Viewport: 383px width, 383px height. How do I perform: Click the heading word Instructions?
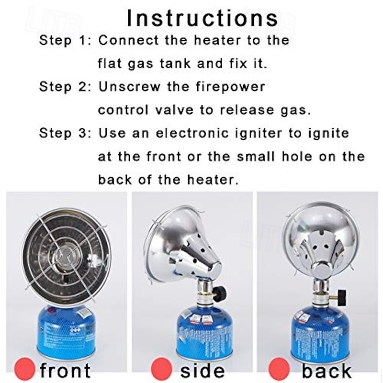[x=202, y=18]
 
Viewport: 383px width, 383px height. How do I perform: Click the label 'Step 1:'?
[x=65, y=40]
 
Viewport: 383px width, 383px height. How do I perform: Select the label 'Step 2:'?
[x=65, y=87]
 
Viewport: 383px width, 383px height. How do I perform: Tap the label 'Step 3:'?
[x=65, y=133]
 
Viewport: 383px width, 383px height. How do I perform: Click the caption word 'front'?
[x=65, y=370]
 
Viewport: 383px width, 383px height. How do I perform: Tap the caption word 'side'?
[x=203, y=370]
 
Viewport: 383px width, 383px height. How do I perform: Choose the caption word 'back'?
[x=327, y=370]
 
